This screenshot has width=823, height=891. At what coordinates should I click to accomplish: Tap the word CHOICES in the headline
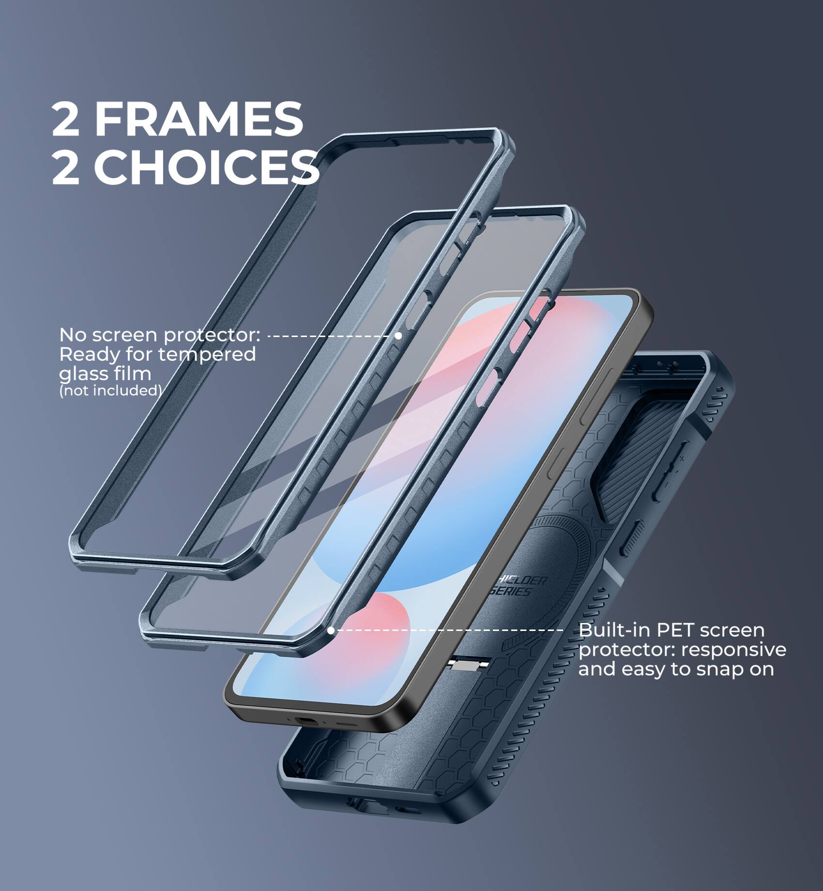pyautogui.click(x=206, y=167)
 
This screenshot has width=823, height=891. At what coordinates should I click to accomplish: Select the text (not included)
pyautogui.click(x=110, y=390)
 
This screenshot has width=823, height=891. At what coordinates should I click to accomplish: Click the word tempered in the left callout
pyautogui.click(x=207, y=355)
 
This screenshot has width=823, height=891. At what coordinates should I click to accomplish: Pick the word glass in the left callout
pyautogui.click(x=81, y=374)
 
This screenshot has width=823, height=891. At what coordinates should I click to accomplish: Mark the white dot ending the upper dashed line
pyautogui.click(x=398, y=335)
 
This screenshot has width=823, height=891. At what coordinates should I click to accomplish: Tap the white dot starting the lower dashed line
pyautogui.click(x=331, y=630)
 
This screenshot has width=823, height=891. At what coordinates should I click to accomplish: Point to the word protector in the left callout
pyautogui.click(x=211, y=335)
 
